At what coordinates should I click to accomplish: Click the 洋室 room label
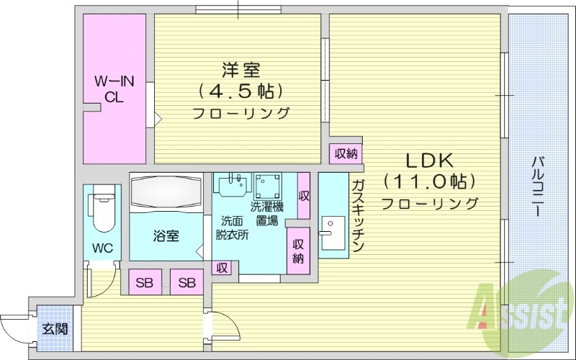point(237,71)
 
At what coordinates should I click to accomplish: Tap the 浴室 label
point(165,235)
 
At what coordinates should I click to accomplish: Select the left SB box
point(145,283)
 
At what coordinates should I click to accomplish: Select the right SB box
point(186,283)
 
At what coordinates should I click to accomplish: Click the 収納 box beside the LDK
point(346,153)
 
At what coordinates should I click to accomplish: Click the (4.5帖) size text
point(238,91)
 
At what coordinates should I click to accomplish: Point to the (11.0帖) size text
point(430,181)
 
